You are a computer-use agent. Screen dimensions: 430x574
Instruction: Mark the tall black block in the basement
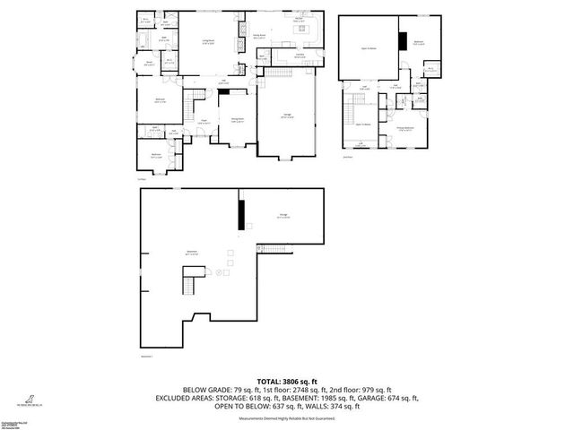(240, 214)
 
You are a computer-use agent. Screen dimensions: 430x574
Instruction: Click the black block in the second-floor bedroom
(404, 40)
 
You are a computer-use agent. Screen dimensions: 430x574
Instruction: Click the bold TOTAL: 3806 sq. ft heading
(287, 381)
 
